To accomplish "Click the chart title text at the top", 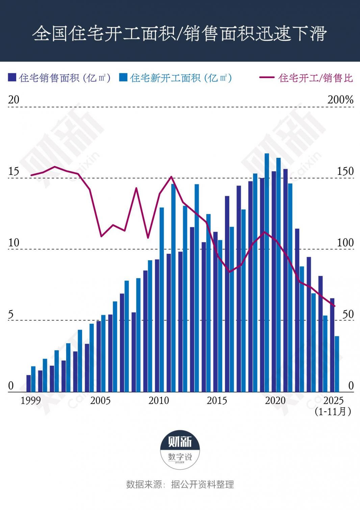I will pyautogui.click(x=180, y=33).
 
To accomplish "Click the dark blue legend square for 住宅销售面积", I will pyautogui.click(x=12, y=77).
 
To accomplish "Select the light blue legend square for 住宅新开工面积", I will pyautogui.click(x=123, y=77).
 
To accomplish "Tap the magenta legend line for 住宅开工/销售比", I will pyautogui.click(x=267, y=77).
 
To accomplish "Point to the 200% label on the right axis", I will pyautogui.click(x=340, y=100).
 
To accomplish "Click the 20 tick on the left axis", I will pyautogui.click(x=14, y=100).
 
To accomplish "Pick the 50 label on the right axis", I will pyautogui.click(x=348, y=314).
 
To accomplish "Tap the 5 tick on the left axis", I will pyautogui.click(x=11, y=314).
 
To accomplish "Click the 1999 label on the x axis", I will pyautogui.click(x=31, y=400).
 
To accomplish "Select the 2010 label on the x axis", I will pyautogui.click(x=159, y=400).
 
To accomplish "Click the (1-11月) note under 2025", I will pyautogui.click(x=333, y=411).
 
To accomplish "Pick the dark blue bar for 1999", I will pyautogui.click(x=28, y=383).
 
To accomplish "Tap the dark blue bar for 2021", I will pyautogui.click(x=285, y=281).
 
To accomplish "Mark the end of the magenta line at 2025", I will pyautogui.click(x=334, y=306).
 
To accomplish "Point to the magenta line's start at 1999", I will pyautogui.click(x=31, y=175).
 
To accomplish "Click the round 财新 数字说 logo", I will pyautogui.click(x=180, y=450).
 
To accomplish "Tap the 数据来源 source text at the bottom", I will pyautogui.click(x=180, y=484).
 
